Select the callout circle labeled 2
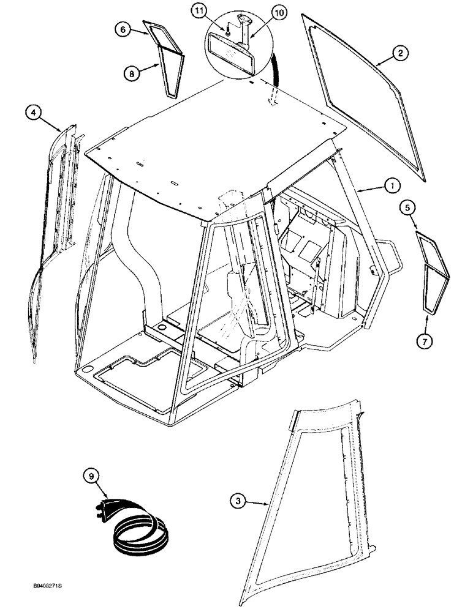[399, 54]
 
